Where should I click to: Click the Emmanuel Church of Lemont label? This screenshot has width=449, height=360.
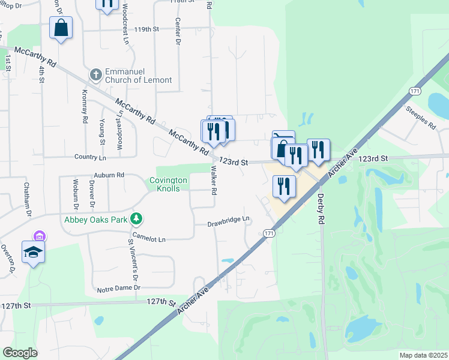(x=138, y=76)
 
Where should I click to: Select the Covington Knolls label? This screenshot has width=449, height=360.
(x=168, y=185)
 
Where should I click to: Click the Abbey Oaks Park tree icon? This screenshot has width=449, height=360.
(x=137, y=219)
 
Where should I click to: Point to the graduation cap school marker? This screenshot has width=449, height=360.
(x=34, y=253)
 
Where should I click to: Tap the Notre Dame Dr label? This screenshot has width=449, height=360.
(x=120, y=288)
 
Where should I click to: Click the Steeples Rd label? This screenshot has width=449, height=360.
(x=420, y=118)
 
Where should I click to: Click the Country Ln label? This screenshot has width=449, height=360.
(x=90, y=157)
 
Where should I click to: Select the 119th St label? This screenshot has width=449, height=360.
(x=146, y=28)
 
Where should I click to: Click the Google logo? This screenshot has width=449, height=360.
(x=20, y=353)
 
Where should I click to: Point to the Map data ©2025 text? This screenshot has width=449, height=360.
(x=423, y=355)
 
